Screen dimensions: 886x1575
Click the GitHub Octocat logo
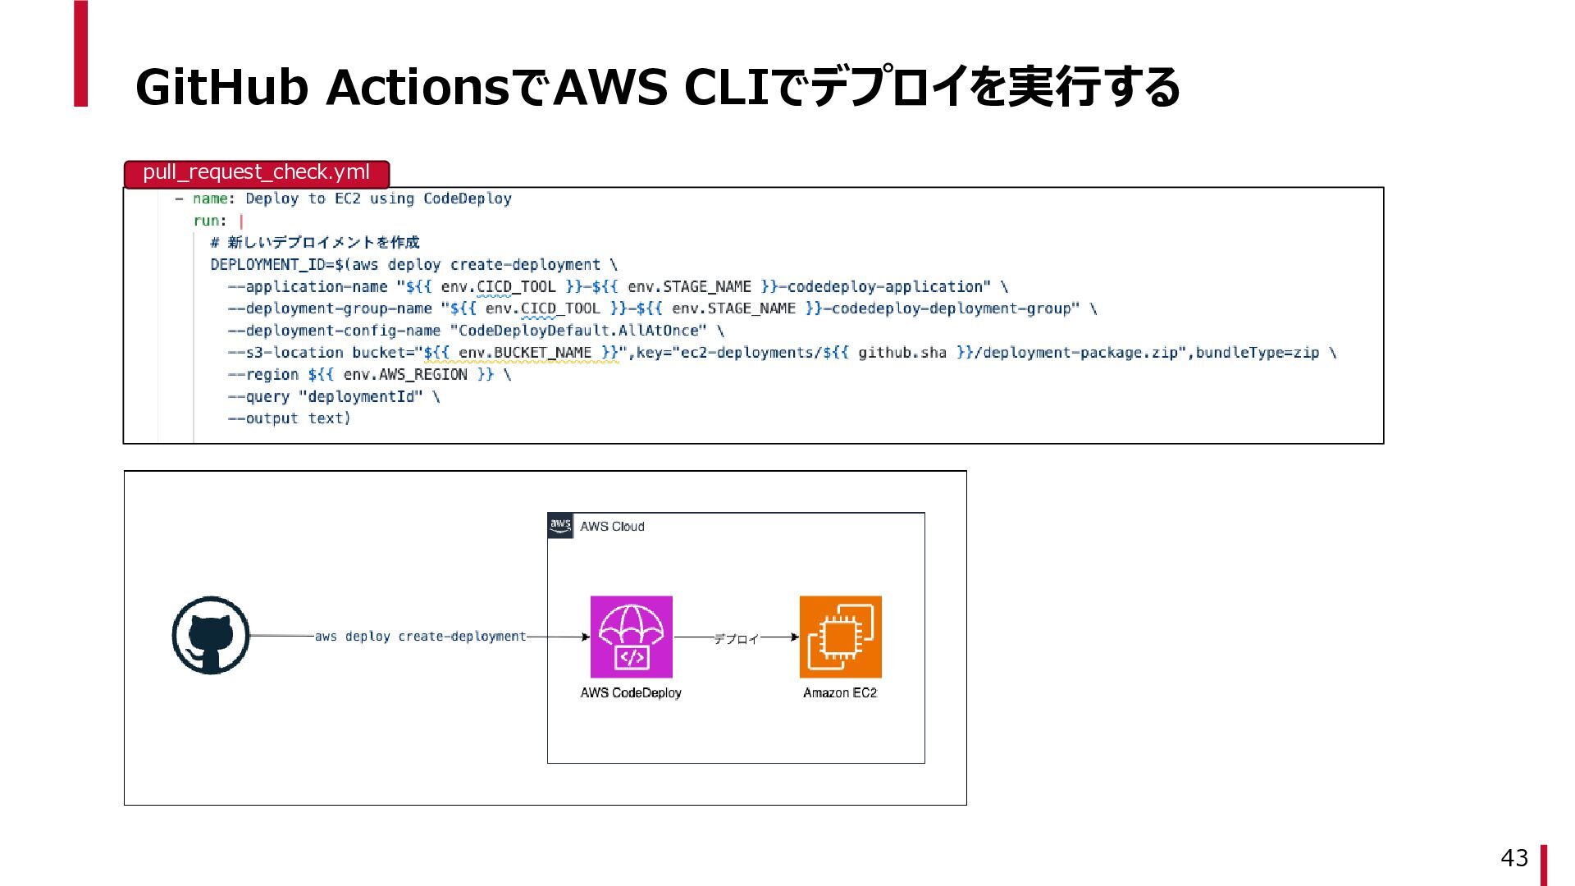(211, 636)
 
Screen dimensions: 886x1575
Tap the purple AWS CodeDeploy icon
(631, 637)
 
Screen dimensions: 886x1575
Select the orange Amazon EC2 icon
(840, 637)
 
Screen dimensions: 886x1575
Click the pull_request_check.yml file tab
(256, 173)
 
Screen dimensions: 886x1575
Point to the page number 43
(1513, 858)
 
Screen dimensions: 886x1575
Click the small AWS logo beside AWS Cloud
(560, 526)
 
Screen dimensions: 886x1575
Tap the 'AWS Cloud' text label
(612, 527)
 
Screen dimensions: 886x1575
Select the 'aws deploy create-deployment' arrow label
(420, 637)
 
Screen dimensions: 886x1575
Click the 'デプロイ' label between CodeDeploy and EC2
(736, 638)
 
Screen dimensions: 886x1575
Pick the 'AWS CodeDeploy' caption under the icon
(631, 693)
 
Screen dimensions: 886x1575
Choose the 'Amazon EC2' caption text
(840, 693)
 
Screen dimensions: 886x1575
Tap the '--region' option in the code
(263, 375)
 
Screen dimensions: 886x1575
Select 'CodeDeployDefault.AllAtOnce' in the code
(578, 331)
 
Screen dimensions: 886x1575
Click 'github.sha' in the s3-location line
(902, 353)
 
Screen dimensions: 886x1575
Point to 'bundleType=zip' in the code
(1257, 353)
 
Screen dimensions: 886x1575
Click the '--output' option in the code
(263, 418)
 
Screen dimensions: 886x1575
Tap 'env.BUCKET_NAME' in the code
(525, 353)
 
